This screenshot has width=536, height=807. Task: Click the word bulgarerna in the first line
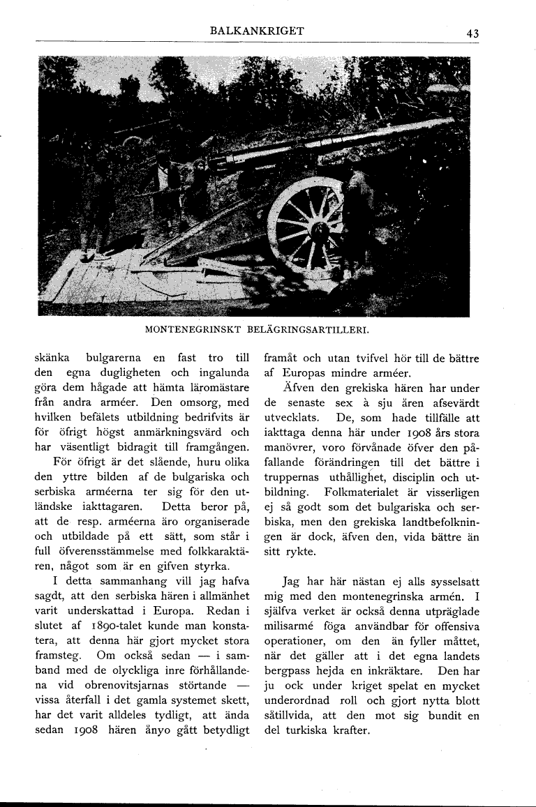coord(117,359)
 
